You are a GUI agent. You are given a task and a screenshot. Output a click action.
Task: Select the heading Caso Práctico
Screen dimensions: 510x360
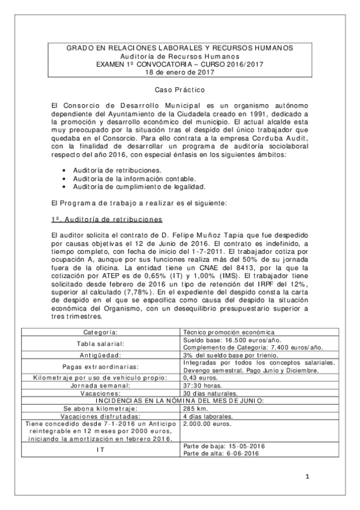(180, 90)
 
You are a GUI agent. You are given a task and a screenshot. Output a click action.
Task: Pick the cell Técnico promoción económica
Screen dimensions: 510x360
(228, 332)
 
